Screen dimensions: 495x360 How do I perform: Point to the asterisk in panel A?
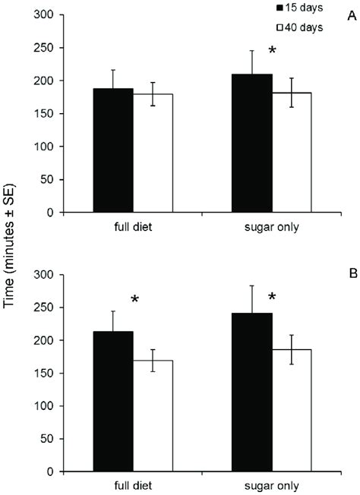coord(273,52)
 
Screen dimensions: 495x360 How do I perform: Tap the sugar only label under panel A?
coord(270,226)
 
